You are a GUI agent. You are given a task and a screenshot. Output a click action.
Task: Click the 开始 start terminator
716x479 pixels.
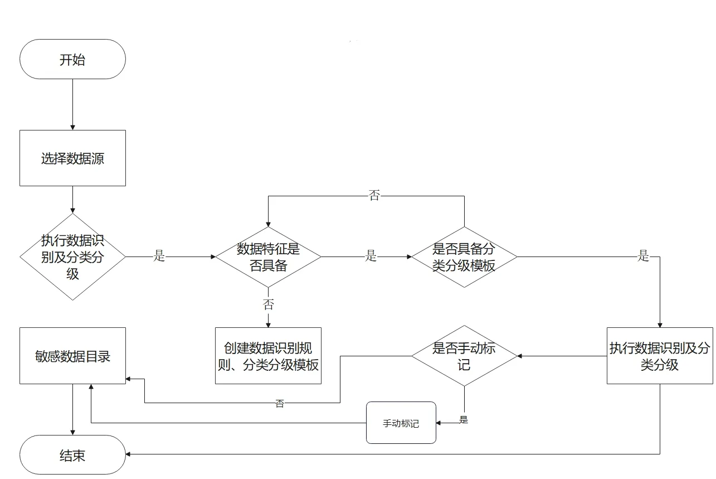[x=72, y=59]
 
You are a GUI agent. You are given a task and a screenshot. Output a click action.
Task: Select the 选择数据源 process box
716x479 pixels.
[x=72, y=158]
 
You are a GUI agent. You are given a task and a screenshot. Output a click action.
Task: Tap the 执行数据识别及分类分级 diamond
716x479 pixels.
[x=72, y=257]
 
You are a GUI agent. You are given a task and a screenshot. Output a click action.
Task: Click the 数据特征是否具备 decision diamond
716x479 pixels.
[x=268, y=257]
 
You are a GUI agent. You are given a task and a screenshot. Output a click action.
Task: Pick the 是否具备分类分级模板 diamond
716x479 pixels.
[x=464, y=257]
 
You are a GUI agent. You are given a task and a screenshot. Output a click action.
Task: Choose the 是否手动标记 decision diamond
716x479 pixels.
[x=464, y=356]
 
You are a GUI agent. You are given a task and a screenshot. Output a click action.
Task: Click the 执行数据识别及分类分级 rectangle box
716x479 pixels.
[x=660, y=356]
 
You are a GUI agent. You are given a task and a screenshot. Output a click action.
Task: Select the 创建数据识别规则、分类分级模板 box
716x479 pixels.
[x=268, y=356]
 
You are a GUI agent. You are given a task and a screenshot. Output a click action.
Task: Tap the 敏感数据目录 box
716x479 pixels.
[x=72, y=356]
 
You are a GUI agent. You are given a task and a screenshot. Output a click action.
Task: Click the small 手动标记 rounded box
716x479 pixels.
[x=401, y=423]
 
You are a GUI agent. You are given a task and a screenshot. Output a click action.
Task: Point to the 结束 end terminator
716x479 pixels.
[x=72, y=455]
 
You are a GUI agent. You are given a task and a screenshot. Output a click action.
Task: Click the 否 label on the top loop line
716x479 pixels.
[x=374, y=196]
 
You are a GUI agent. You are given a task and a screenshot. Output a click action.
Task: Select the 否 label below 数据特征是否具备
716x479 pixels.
[x=269, y=304]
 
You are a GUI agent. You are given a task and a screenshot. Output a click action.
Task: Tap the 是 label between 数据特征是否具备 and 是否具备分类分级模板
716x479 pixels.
[x=371, y=257]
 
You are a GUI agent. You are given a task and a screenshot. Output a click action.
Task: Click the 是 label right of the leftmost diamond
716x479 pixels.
[x=160, y=257]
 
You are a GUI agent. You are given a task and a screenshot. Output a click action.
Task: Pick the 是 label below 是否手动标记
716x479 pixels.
[x=464, y=420]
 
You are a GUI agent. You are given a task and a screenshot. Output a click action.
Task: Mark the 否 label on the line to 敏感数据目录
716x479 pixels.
[x=280, y=404]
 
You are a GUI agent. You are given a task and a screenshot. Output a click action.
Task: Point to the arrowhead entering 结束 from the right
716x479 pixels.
[x=129, y=454]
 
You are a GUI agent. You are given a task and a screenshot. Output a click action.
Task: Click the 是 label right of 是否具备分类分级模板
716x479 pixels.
[x=644, y=257]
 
